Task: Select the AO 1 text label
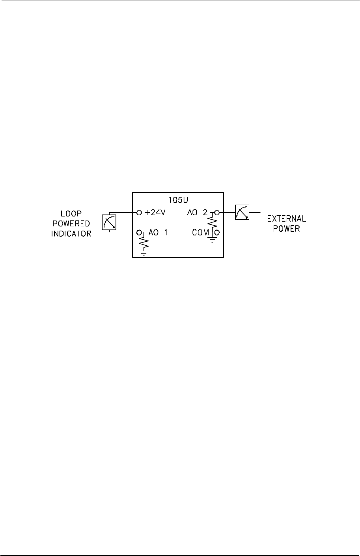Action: [157, 233]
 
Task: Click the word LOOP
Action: [71, 217]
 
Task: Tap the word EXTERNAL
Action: [286, 219]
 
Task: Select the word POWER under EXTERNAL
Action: [286, 229]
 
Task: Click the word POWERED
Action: [71, 226]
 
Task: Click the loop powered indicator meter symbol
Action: [109, 223]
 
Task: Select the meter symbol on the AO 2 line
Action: [241, 213]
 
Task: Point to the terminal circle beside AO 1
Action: [139, 233]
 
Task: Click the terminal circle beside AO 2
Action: [217, 213]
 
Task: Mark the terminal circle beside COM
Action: [217, 233]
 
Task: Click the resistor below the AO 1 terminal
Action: [144, 243]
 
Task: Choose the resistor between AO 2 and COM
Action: [213, 223]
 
